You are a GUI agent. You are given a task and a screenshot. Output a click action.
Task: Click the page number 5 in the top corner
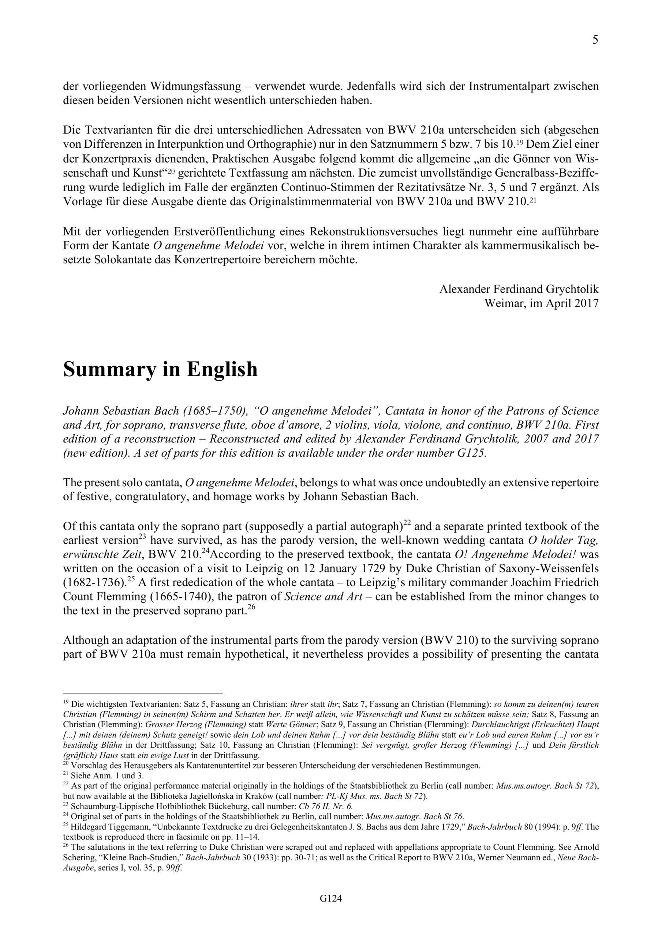(x=595, y=40)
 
